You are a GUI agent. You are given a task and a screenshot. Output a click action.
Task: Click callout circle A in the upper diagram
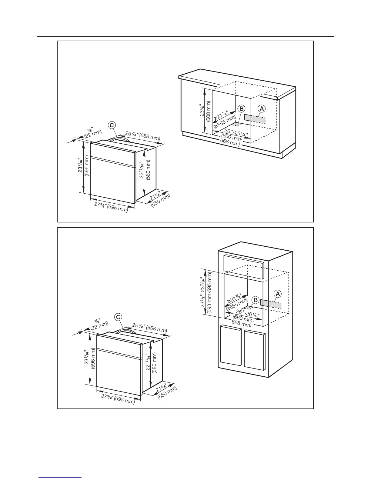tap(262, 108)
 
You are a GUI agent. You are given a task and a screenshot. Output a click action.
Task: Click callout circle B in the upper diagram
tap(241, 108)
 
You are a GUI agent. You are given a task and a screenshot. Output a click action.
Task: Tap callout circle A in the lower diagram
tap(277, 294)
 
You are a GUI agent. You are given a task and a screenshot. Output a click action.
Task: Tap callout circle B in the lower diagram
tap(256, 300)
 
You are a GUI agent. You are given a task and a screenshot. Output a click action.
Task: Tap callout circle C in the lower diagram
tap(118, 317)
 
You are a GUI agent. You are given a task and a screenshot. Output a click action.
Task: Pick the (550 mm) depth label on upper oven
tap(161, 201)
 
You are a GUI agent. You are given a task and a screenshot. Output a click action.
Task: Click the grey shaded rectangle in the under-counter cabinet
tap(255, 119)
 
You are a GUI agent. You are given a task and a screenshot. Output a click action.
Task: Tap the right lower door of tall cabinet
tap(255, 350)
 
